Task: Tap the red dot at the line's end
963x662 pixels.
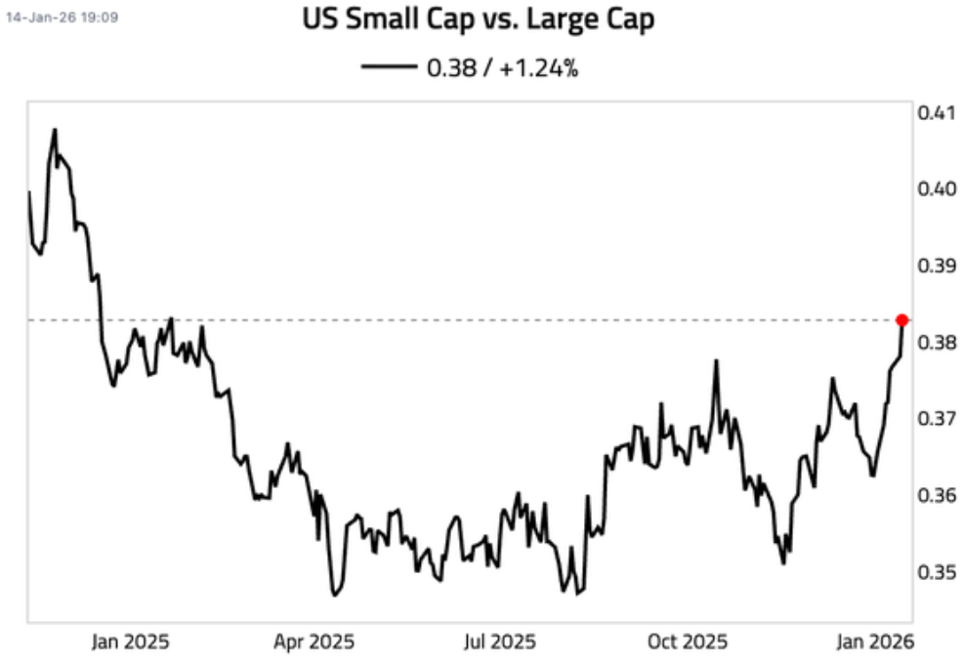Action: pos(902,320)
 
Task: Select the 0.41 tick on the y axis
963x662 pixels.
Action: pos(935,112)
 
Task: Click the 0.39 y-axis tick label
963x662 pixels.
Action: pos(935,266)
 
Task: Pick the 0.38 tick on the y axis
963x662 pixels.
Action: pos(935,342)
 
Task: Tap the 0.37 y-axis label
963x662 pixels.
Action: pos(935,419)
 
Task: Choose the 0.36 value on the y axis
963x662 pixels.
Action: pos(935,495)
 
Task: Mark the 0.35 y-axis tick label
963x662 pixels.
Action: pos(935,572)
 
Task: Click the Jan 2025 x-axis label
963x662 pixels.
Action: pos(130,641)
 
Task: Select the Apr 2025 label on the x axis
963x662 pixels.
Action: pos(314,641)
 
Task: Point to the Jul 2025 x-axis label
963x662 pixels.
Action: pos(500,641)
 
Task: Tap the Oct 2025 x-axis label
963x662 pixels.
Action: pos(688,641)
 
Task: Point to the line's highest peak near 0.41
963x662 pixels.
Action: pos(55,129)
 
